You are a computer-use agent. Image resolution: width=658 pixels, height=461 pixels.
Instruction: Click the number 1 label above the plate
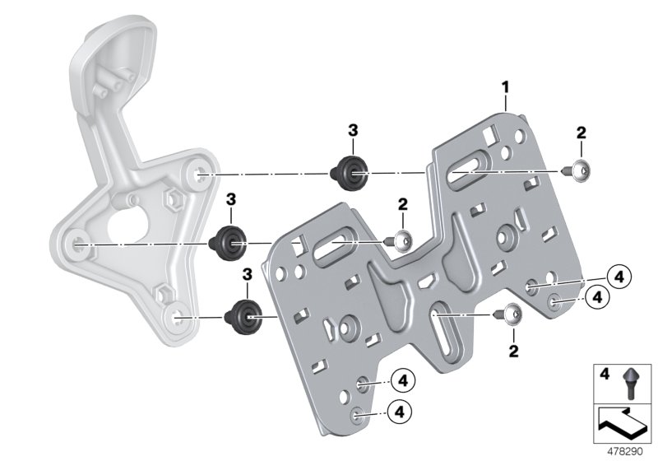coord(506,86)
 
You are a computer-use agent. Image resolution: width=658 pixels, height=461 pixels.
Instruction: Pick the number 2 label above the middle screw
coord(402,203)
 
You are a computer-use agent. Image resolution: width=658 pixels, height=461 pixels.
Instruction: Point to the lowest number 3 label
coord(247,274)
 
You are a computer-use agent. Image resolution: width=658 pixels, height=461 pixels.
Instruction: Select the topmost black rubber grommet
coord(350,171)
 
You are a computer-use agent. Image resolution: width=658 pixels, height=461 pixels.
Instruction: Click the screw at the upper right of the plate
coord(582,170)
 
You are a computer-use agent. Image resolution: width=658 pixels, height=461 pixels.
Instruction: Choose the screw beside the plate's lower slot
coord(508,315)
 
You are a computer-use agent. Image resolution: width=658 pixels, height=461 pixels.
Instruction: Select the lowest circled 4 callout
coord(401,409)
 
